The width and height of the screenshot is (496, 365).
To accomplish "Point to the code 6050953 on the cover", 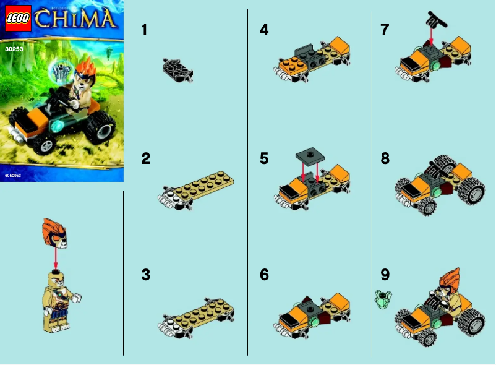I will [14, 176].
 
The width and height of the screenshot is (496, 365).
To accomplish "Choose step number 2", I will [145, 159].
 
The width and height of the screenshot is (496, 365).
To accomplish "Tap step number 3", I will [145, 275].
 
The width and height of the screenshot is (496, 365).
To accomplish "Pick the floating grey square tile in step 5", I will [308, 153].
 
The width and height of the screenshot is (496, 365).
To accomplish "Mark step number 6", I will [264, 275].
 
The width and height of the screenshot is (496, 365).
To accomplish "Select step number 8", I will [385, 159].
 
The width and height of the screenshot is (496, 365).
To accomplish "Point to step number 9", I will [385, 275].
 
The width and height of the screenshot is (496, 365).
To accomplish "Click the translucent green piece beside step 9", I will [382, 299].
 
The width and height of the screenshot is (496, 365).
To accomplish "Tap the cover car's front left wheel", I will [45, 144].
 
